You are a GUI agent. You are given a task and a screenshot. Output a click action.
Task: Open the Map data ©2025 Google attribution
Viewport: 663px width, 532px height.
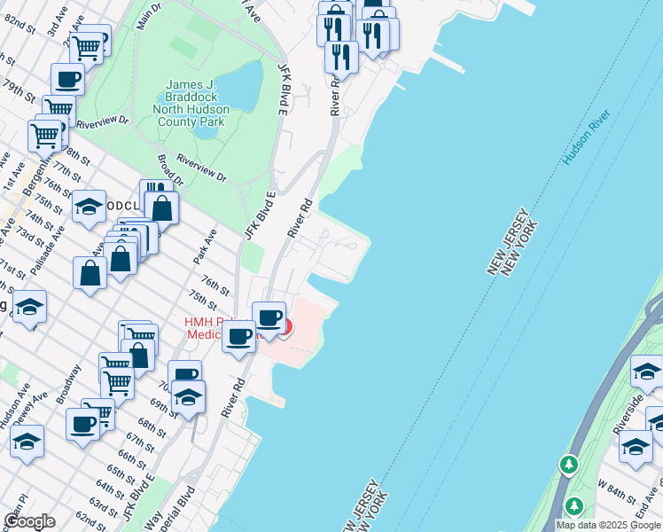[x=608, y=525]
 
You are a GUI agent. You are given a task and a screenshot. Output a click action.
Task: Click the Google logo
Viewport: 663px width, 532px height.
[x=29, y=521]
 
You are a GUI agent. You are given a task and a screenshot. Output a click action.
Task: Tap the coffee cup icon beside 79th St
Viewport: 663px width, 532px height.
[x=67, y=80]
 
